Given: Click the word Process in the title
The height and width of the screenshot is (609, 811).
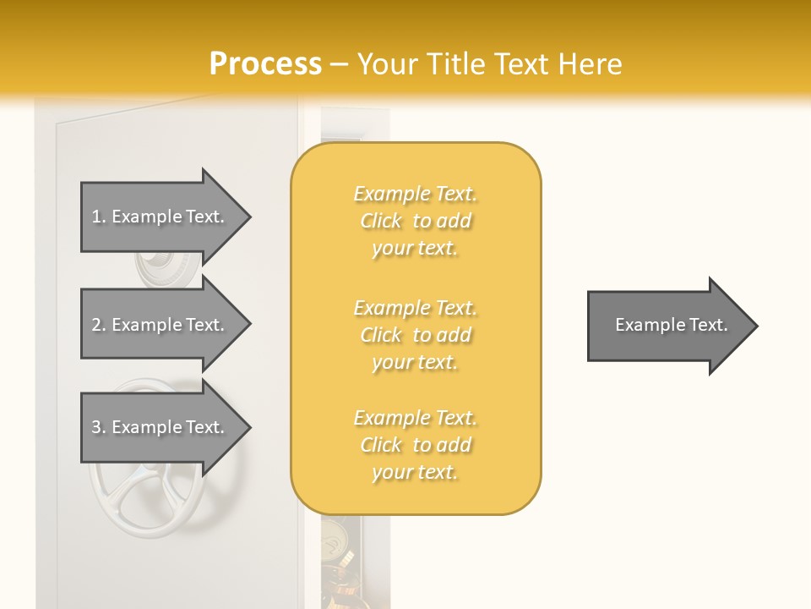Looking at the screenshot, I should [265, 64].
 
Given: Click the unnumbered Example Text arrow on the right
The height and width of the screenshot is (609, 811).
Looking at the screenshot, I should [671, 325].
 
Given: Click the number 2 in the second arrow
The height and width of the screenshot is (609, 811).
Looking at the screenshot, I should [96, 325].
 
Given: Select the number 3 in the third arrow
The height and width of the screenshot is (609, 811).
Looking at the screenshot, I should [96, 427].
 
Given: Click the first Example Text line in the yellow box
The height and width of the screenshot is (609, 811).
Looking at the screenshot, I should [415, 195].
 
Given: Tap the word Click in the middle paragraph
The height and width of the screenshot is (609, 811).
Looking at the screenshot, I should [381, 335].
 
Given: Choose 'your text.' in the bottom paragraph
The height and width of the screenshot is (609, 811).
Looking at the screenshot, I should [415, 472].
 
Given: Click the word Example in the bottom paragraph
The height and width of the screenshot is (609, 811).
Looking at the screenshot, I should [391, 418].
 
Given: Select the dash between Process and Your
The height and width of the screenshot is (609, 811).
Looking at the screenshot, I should [339, 64].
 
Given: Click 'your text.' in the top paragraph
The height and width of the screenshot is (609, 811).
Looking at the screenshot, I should [415, 249].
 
